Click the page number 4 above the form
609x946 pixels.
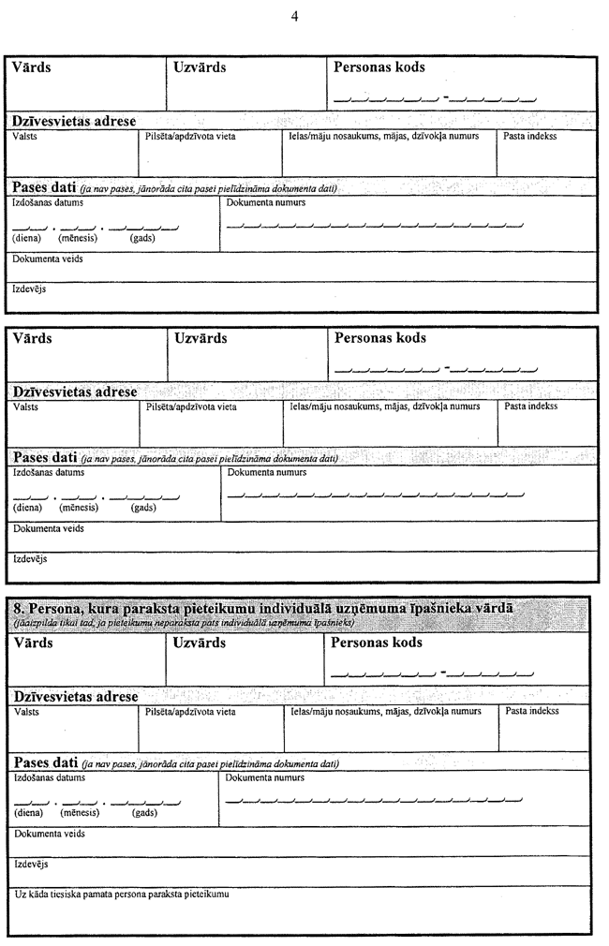294,16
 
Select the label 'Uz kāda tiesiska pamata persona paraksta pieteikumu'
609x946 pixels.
122,894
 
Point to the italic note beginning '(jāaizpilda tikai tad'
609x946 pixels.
184,622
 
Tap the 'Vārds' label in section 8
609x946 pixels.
34,643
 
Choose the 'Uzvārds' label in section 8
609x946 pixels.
200,643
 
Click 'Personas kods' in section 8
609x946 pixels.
377,643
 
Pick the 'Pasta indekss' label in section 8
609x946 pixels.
532,712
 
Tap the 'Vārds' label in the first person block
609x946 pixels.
32,67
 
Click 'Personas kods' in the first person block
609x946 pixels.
379,67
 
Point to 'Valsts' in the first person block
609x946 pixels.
25,137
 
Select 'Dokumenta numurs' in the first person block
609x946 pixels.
266,201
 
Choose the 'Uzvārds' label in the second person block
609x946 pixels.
201,338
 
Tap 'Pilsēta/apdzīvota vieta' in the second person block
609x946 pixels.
191,407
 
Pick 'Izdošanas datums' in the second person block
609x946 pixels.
49,472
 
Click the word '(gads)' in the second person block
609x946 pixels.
142,508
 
